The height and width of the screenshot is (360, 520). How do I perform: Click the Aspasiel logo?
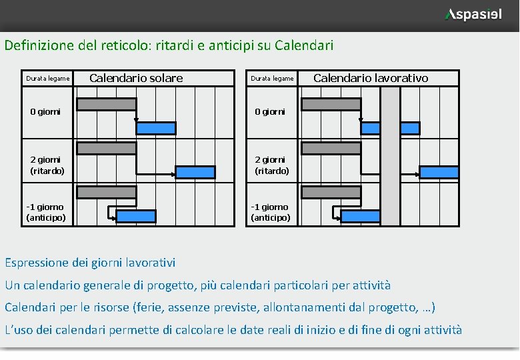point(474,15)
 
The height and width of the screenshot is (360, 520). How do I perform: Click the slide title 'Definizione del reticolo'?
point(169,46)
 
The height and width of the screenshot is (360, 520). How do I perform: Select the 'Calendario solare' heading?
point(136,78)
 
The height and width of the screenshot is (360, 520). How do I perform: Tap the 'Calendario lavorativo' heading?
point(371,78)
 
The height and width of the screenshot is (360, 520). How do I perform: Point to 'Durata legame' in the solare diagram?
point(47,79)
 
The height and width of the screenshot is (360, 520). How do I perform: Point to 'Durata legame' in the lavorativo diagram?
point(272,79)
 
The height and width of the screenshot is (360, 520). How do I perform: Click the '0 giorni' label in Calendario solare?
point(45,111)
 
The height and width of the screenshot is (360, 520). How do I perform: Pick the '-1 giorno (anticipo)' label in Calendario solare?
point(45,212)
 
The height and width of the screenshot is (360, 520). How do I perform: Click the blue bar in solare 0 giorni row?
point(156,128)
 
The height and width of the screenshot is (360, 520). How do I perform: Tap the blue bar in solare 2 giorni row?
point(195,172)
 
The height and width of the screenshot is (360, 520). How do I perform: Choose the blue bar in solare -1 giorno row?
point(136,216)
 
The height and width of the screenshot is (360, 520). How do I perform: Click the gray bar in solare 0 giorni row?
point(106,104)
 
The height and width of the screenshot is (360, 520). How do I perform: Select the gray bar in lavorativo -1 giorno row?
point(331,192)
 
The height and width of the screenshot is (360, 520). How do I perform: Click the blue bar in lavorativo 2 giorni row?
point(439,172)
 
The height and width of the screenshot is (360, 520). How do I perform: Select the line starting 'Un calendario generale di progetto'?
point(197,285)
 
